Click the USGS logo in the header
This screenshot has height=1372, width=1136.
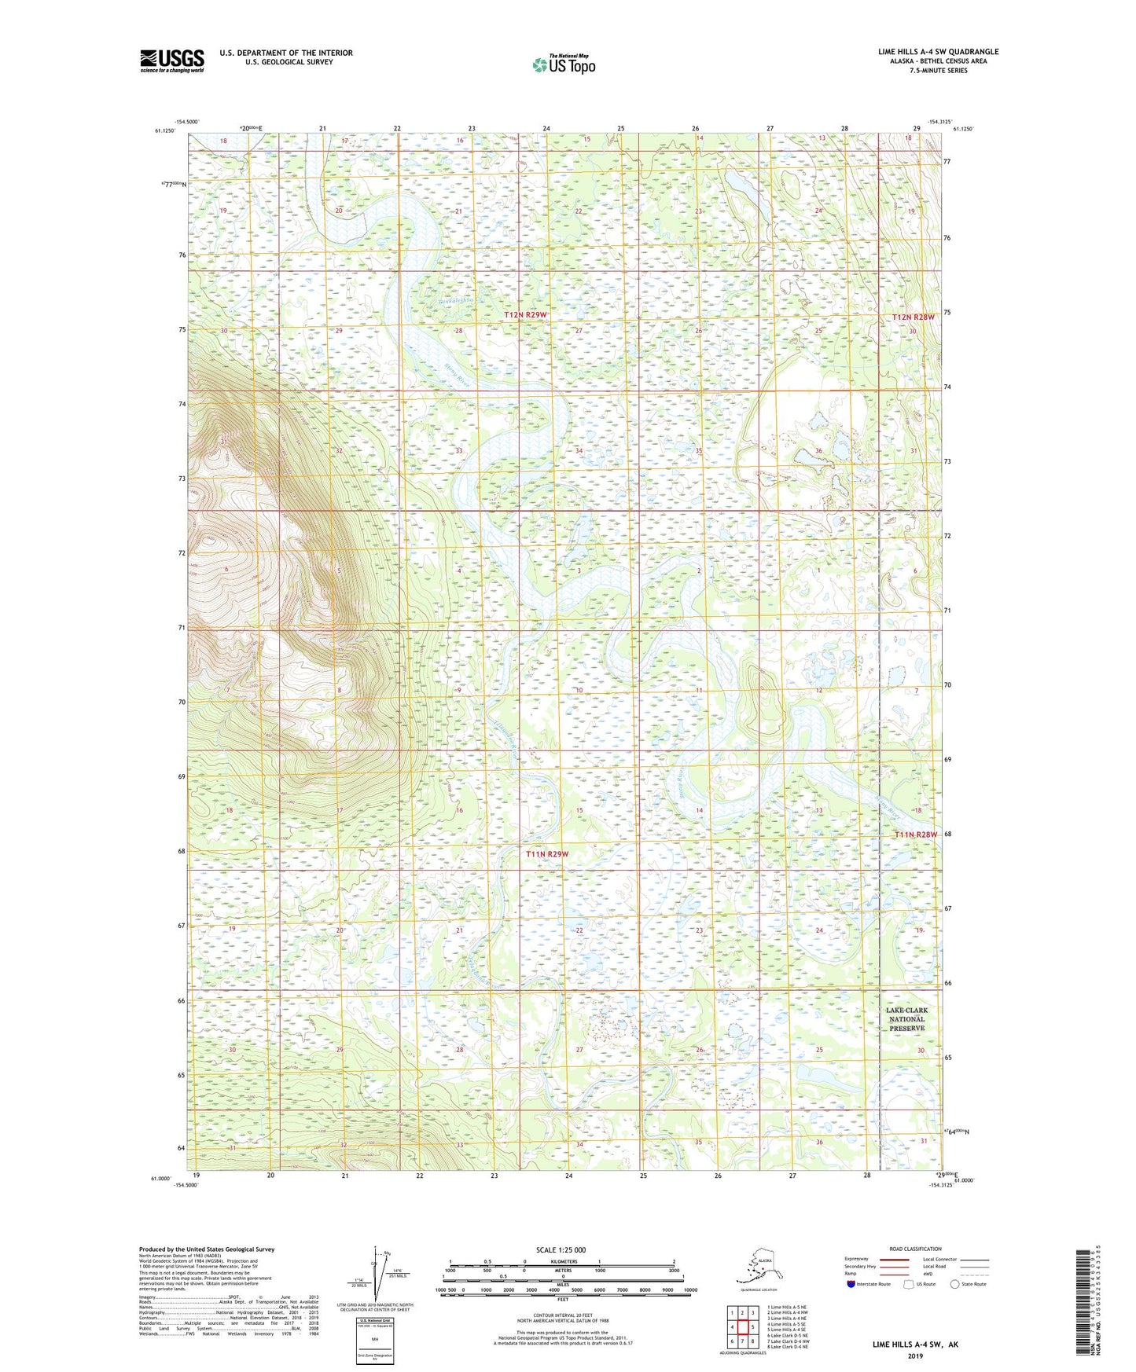(x=171, y=61)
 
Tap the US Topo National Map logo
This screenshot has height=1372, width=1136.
(x=563, y=64)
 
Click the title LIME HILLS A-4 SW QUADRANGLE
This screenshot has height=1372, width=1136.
(x=938, y=52)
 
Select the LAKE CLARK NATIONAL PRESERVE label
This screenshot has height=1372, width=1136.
(x=906, y=1019)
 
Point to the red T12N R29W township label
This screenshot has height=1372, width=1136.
(x=525, y=314)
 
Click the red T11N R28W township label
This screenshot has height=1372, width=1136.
(x=916, y=835)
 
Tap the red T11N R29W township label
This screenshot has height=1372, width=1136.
(x=547, y=853)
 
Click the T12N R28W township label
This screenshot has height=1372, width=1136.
(x=914, y=317)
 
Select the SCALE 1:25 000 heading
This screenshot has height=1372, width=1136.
(x=561, y=1249)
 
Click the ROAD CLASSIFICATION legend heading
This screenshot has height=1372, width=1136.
(x=915, y=1249)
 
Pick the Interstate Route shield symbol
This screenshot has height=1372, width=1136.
(x=851, y=1284)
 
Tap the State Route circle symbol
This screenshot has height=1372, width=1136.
(x=955, y=1284)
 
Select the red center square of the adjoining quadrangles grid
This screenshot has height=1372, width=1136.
(x=742, y=1327)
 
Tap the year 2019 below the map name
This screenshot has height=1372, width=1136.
(x=914, y=1355)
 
